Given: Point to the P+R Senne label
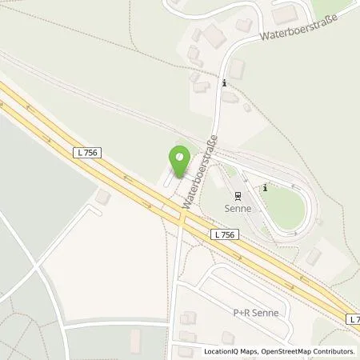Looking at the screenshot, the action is coord(255,313).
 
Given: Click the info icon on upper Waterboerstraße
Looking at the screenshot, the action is coord(225,82).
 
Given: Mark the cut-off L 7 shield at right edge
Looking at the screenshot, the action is coord(354,318).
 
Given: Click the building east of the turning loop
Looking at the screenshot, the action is coord(314,256).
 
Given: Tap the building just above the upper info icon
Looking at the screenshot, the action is coord(237,69).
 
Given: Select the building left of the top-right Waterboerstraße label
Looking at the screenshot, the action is coord(213,35).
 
